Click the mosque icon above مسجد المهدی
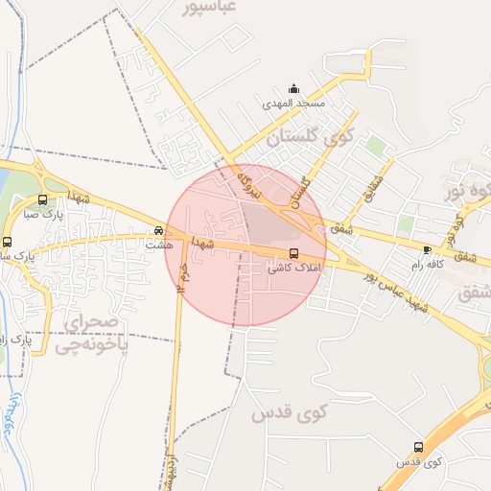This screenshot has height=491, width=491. pos(292,89)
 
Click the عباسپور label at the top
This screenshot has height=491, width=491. pos(208,8)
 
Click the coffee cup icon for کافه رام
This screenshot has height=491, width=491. pos(427,249)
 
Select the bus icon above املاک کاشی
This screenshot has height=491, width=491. pos(293,254)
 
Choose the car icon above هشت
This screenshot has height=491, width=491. pos(158,231)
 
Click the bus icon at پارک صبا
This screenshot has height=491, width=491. pos(42,200)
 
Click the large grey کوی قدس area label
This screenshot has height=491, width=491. pos(289,413)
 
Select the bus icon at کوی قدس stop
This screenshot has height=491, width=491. pos(418,447)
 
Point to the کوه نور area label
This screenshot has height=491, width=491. pos(467,191)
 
